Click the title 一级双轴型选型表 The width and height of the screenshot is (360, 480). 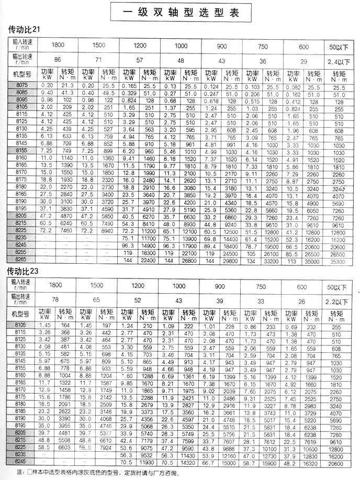click(x=179, y=12)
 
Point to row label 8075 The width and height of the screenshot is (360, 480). click(x=22, y=84)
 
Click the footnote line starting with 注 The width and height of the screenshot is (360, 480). click(x=99, y=473)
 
